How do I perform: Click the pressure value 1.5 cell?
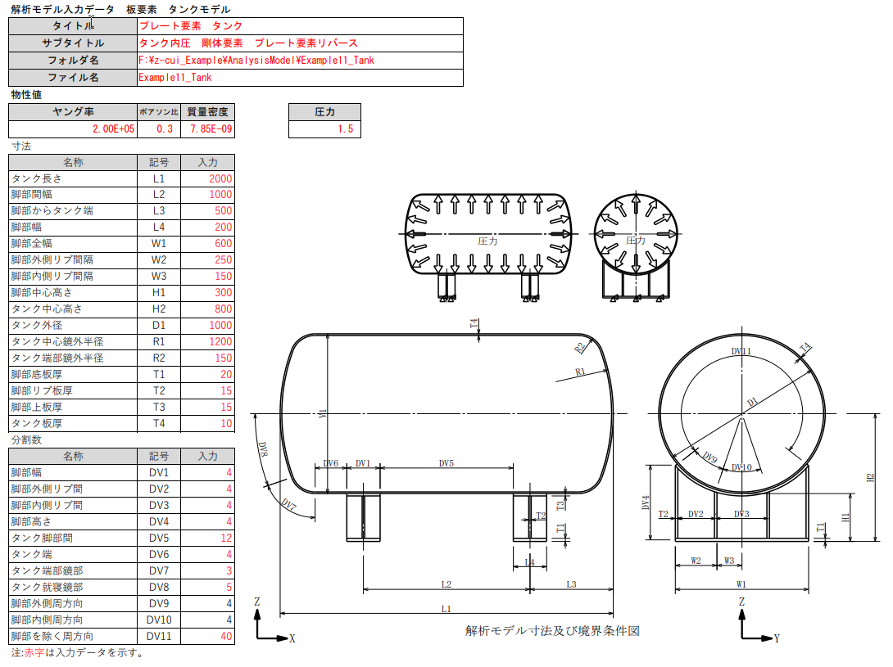324,129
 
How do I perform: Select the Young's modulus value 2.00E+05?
72,129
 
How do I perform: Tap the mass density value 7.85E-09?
208,129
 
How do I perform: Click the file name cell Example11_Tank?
300,78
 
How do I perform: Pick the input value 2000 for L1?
208,178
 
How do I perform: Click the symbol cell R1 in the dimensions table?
159,342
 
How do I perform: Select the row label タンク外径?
73,326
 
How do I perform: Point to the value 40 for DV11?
208,636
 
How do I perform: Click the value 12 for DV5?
208,538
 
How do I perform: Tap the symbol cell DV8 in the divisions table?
159,587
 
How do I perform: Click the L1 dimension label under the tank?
446,608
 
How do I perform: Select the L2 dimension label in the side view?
446,584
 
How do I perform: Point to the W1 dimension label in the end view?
741,584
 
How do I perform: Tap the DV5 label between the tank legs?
446,463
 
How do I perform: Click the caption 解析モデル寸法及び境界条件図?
551,631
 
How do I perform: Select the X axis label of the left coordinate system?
292,638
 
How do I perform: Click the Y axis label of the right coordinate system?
777,638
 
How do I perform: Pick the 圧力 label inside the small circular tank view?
635,241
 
